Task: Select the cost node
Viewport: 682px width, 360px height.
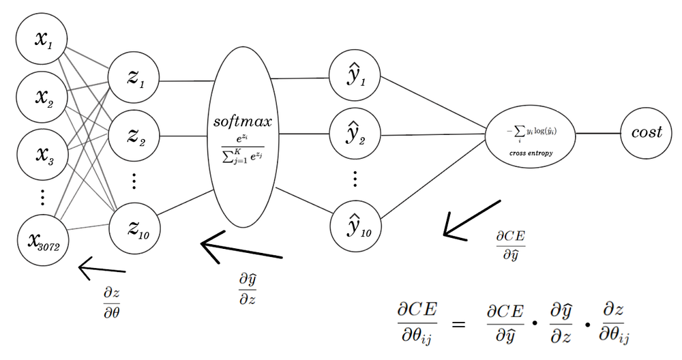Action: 646,133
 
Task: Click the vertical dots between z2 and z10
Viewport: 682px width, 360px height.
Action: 134,181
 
